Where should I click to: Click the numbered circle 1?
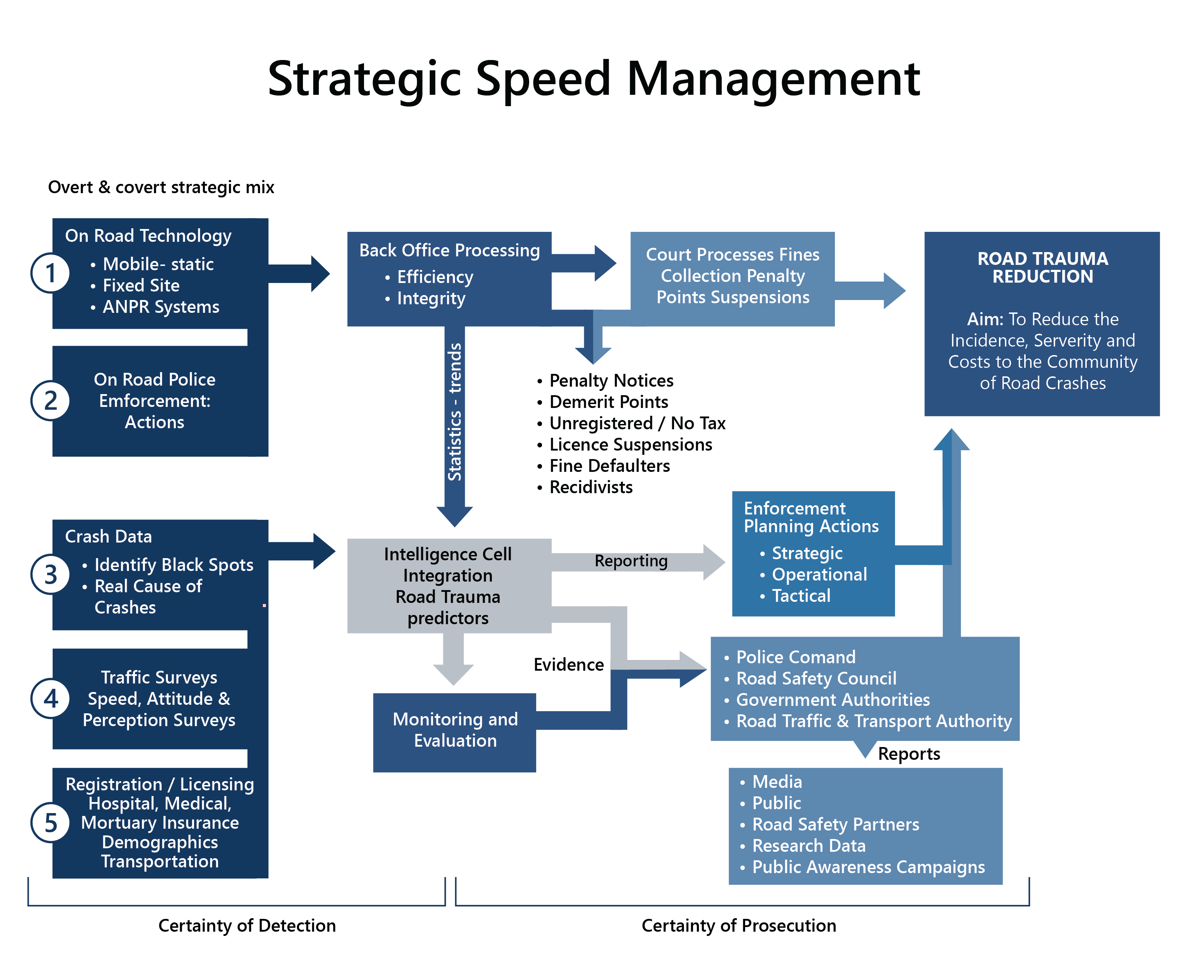pyautogui.click(x=50, y=273)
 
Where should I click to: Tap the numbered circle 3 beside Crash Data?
pyautogui.click(x=50, y=574)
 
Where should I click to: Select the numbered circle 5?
pyautogui.click(x=50, y=823)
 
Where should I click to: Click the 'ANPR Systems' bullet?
pyautogui.click(x=161, y=307)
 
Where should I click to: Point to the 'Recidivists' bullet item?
pyautogui.click(x=591, y=487)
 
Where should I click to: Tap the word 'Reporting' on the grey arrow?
pyautogui.click(x=631, y=561)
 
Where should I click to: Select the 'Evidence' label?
pyautogui.click(x=569, y=665)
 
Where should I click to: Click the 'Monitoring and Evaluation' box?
pyautogui.click(x=455, y=730)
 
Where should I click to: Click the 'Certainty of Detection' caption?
pyautogui.click(x=247, y=925)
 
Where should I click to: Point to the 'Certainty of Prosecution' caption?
pyautogui.click(x=739, y=925)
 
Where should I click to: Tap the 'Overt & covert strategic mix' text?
pyautogui.click(x=161, y=187)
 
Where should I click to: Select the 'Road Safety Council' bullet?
pyautogui.click(x=816, y=679)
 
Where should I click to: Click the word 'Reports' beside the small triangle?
pyautogui.click(x=909, y=753)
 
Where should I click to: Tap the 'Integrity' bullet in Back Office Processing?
pyautogui.click(x=431, y=298)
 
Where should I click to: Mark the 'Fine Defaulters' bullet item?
pyautogui.click(x=609, y=466)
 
